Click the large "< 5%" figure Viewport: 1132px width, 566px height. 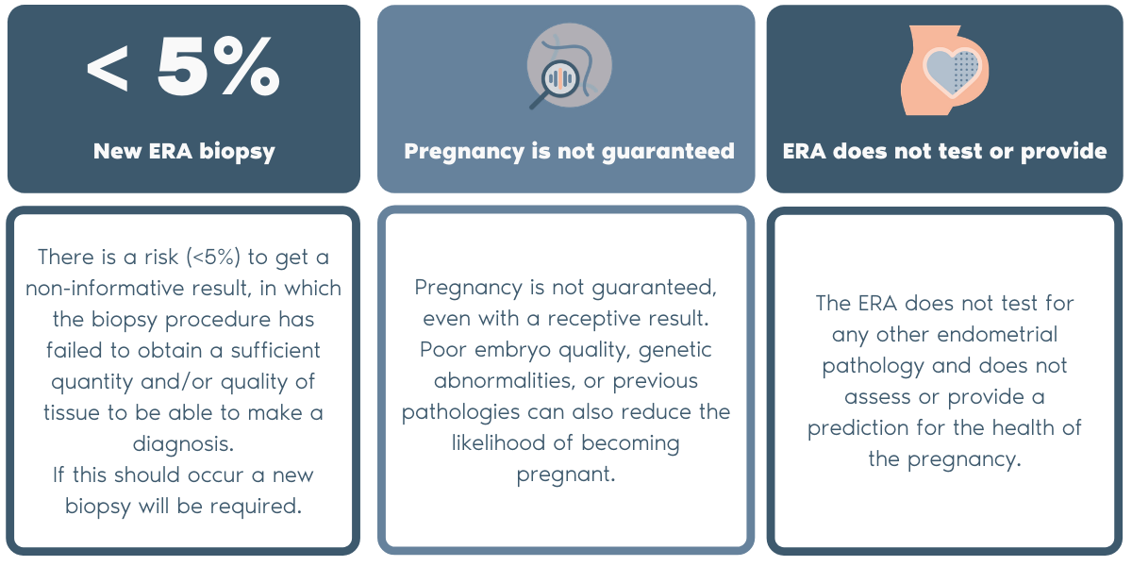(x=183, y=69)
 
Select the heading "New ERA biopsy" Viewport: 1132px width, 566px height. (x=184, y=151)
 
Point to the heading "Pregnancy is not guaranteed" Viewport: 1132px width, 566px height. (x=569, y=151)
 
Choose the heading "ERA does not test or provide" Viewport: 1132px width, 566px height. (x=945, y=151)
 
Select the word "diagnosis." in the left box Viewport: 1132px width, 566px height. (x=184, y=442)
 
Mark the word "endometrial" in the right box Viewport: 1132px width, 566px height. (x=1001, y=334)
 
